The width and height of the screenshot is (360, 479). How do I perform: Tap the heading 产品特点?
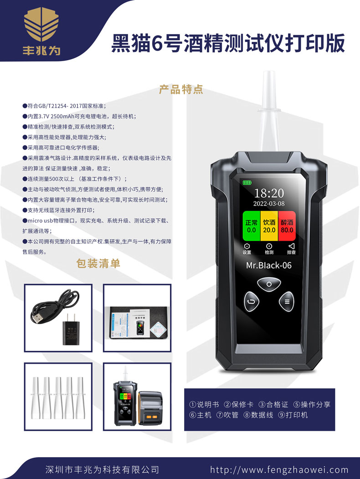(x=181, y=89)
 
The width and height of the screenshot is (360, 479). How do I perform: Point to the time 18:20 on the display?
(x=269, y=193)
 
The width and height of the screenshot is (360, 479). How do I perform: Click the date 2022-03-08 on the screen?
(x=269, y=204)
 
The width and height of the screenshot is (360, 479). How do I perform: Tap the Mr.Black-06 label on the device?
(x=269, y=265)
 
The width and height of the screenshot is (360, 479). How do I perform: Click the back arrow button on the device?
(x=251, y=301)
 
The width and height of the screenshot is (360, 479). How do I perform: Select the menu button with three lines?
(x=287, y=301)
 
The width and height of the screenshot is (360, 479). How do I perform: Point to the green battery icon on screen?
(x=247, y=182)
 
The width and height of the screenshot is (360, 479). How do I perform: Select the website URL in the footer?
(x=279, y=470)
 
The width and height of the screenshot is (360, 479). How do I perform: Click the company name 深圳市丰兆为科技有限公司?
(x=103, y=470)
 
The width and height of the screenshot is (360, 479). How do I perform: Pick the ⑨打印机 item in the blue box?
(x=293, y=415)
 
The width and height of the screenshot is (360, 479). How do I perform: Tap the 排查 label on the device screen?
(x=291, y=252)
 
